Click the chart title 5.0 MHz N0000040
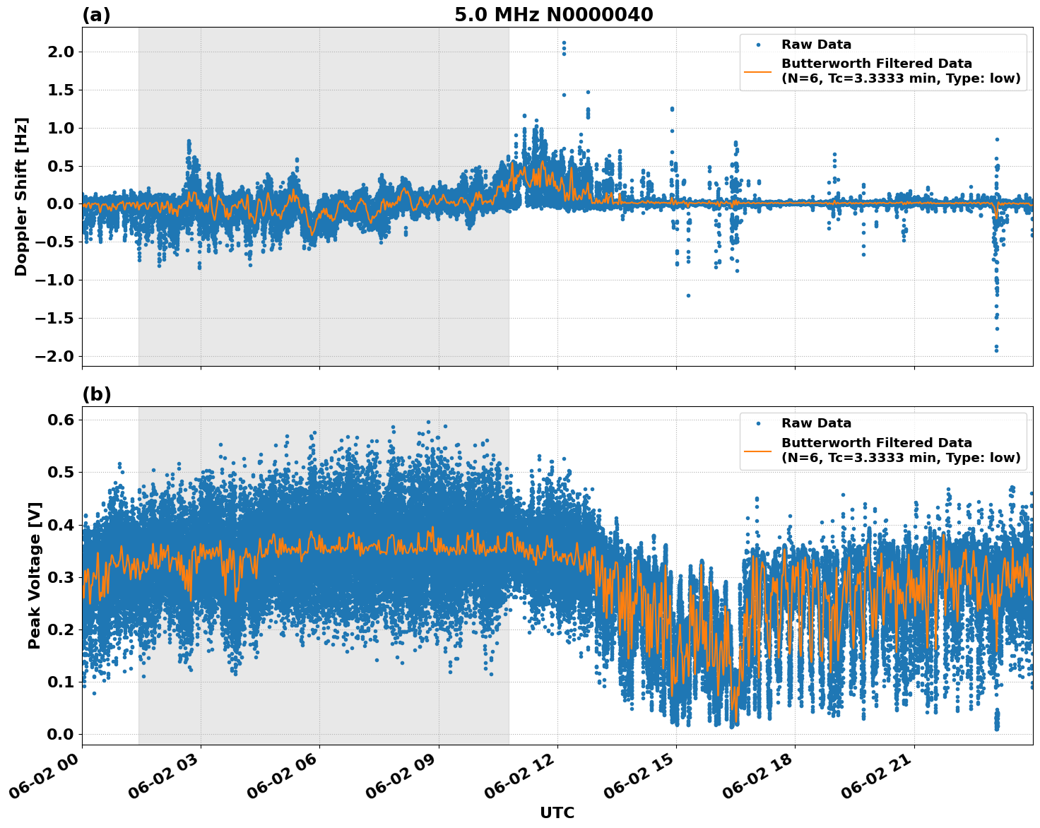553,15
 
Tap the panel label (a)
96,15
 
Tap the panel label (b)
96,394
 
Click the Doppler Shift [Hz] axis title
21,196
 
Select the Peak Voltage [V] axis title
35,575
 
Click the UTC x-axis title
557,812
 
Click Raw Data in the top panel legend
816,45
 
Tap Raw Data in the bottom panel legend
816,423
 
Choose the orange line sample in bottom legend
758,450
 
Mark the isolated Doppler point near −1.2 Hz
688,295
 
